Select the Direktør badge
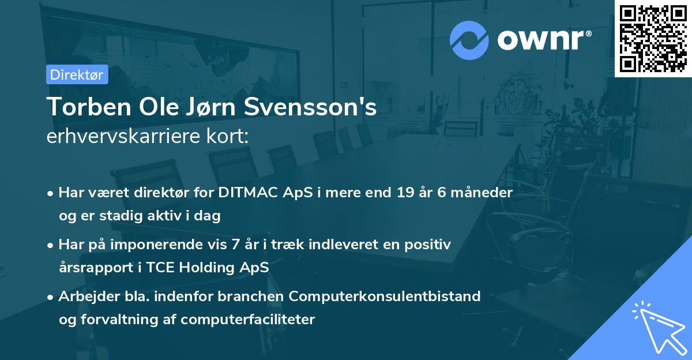pyautogui.click(x=77, y=74)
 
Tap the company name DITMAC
pyautogui.click(x=245, y=193)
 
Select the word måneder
pyautogui.click(x=483, y=193)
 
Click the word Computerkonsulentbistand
pyautogui.click(x=385, y=297)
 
